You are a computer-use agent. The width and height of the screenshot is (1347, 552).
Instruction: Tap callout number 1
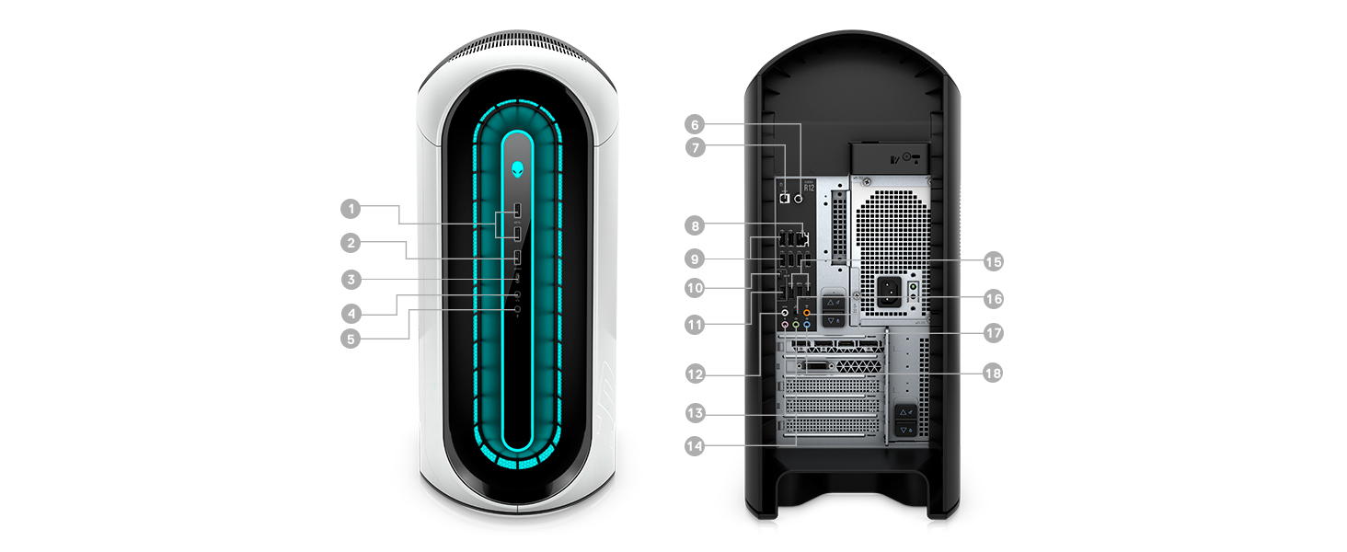pyautogui.click(x=350, y=209)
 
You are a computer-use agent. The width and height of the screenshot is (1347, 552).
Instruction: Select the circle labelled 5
pyautogui.click(x=350, y=339)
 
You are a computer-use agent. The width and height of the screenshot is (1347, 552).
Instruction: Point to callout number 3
pyautogui.click(x=350, y=279)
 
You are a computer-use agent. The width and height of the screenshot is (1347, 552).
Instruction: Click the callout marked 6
pyautogui.click(x=696, y=124)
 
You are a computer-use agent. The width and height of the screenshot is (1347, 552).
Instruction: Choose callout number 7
pyautogui.click(x=696, y=146)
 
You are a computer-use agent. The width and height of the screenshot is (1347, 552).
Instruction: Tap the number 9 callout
pyautogui.click(x=696, y=258)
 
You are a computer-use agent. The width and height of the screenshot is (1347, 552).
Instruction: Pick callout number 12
pyautogui.click(x=696, y=374)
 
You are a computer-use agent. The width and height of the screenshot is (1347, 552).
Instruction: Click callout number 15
pyautogui.click(x=992, y=262)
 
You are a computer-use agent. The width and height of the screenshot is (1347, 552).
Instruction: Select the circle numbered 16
pyautogui.click(x=992, y=299)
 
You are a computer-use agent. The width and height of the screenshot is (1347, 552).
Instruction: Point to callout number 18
pyautogui.click(x=992, y=374)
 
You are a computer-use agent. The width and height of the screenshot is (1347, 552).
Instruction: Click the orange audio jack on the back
pyautogui.click(x=807, y=313)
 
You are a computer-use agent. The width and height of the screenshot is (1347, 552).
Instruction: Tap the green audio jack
pyautogui.click(x=796, y=325)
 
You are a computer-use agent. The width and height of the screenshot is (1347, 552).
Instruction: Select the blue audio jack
pyautogui.click(x=807, y=325)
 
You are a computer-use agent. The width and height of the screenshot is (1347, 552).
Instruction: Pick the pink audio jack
pyautogui.click(x=785, y=325)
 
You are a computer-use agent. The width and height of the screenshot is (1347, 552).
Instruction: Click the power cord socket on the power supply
pyautogui.click(x=889, y=292)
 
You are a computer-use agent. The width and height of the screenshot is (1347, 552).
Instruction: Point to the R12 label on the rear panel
pyautogui.click(x=809, y=188)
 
